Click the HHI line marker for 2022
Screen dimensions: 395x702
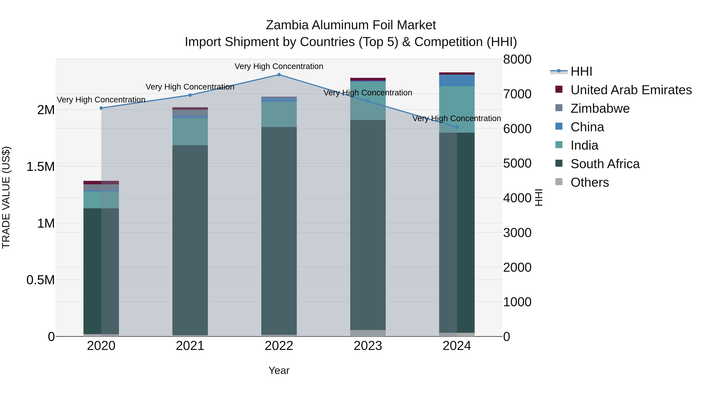click(x=279, y=75)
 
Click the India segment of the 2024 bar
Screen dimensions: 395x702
click(x=457, y=109)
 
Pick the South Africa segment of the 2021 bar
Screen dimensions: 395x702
click(x=190, y=240)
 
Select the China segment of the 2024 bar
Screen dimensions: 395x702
click(x=457, y=80)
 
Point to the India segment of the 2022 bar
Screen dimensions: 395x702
click(x=279, y=115)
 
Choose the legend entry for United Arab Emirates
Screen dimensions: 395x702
click(x=631, y=90)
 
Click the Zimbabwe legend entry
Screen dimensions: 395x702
click(x=600, y=108)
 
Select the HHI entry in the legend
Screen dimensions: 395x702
click(x=581, y=71)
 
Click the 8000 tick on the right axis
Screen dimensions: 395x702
click(x=517, y=59)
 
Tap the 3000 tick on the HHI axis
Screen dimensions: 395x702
click(x=517, y=233)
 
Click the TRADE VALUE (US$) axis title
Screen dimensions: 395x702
click(x=6, y=197)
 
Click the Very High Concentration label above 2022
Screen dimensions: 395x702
click(x=279, y=66)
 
